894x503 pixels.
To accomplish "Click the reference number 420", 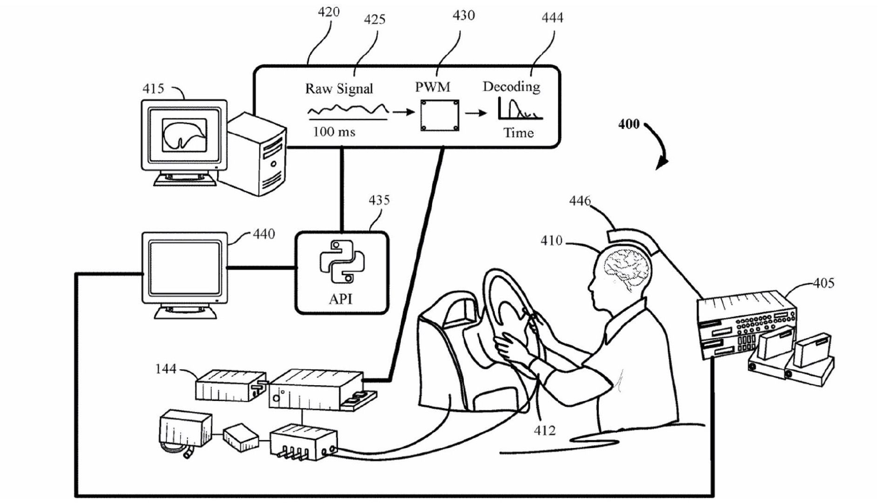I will [x=328, y=12].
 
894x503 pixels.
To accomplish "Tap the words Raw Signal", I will [x=339, y=88].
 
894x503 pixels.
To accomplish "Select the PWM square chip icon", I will [x=440, y=115].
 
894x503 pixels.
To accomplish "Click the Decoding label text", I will [x=511, y=87].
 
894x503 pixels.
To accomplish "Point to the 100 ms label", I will [x=334, y=132].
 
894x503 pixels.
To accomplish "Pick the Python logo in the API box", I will [x=342, y=261].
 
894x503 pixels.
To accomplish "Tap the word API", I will [x=341, y=299].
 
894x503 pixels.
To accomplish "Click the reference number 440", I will [x=264, y=234].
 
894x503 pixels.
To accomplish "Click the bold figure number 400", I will [x=629, y=124].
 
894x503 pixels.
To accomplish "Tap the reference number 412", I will [x=544, y=430].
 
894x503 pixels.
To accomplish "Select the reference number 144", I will [x=166, y=369].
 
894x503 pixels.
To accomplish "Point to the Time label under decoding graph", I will [x=518, y=133].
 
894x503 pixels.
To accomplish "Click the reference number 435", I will [x=379, y=200].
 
